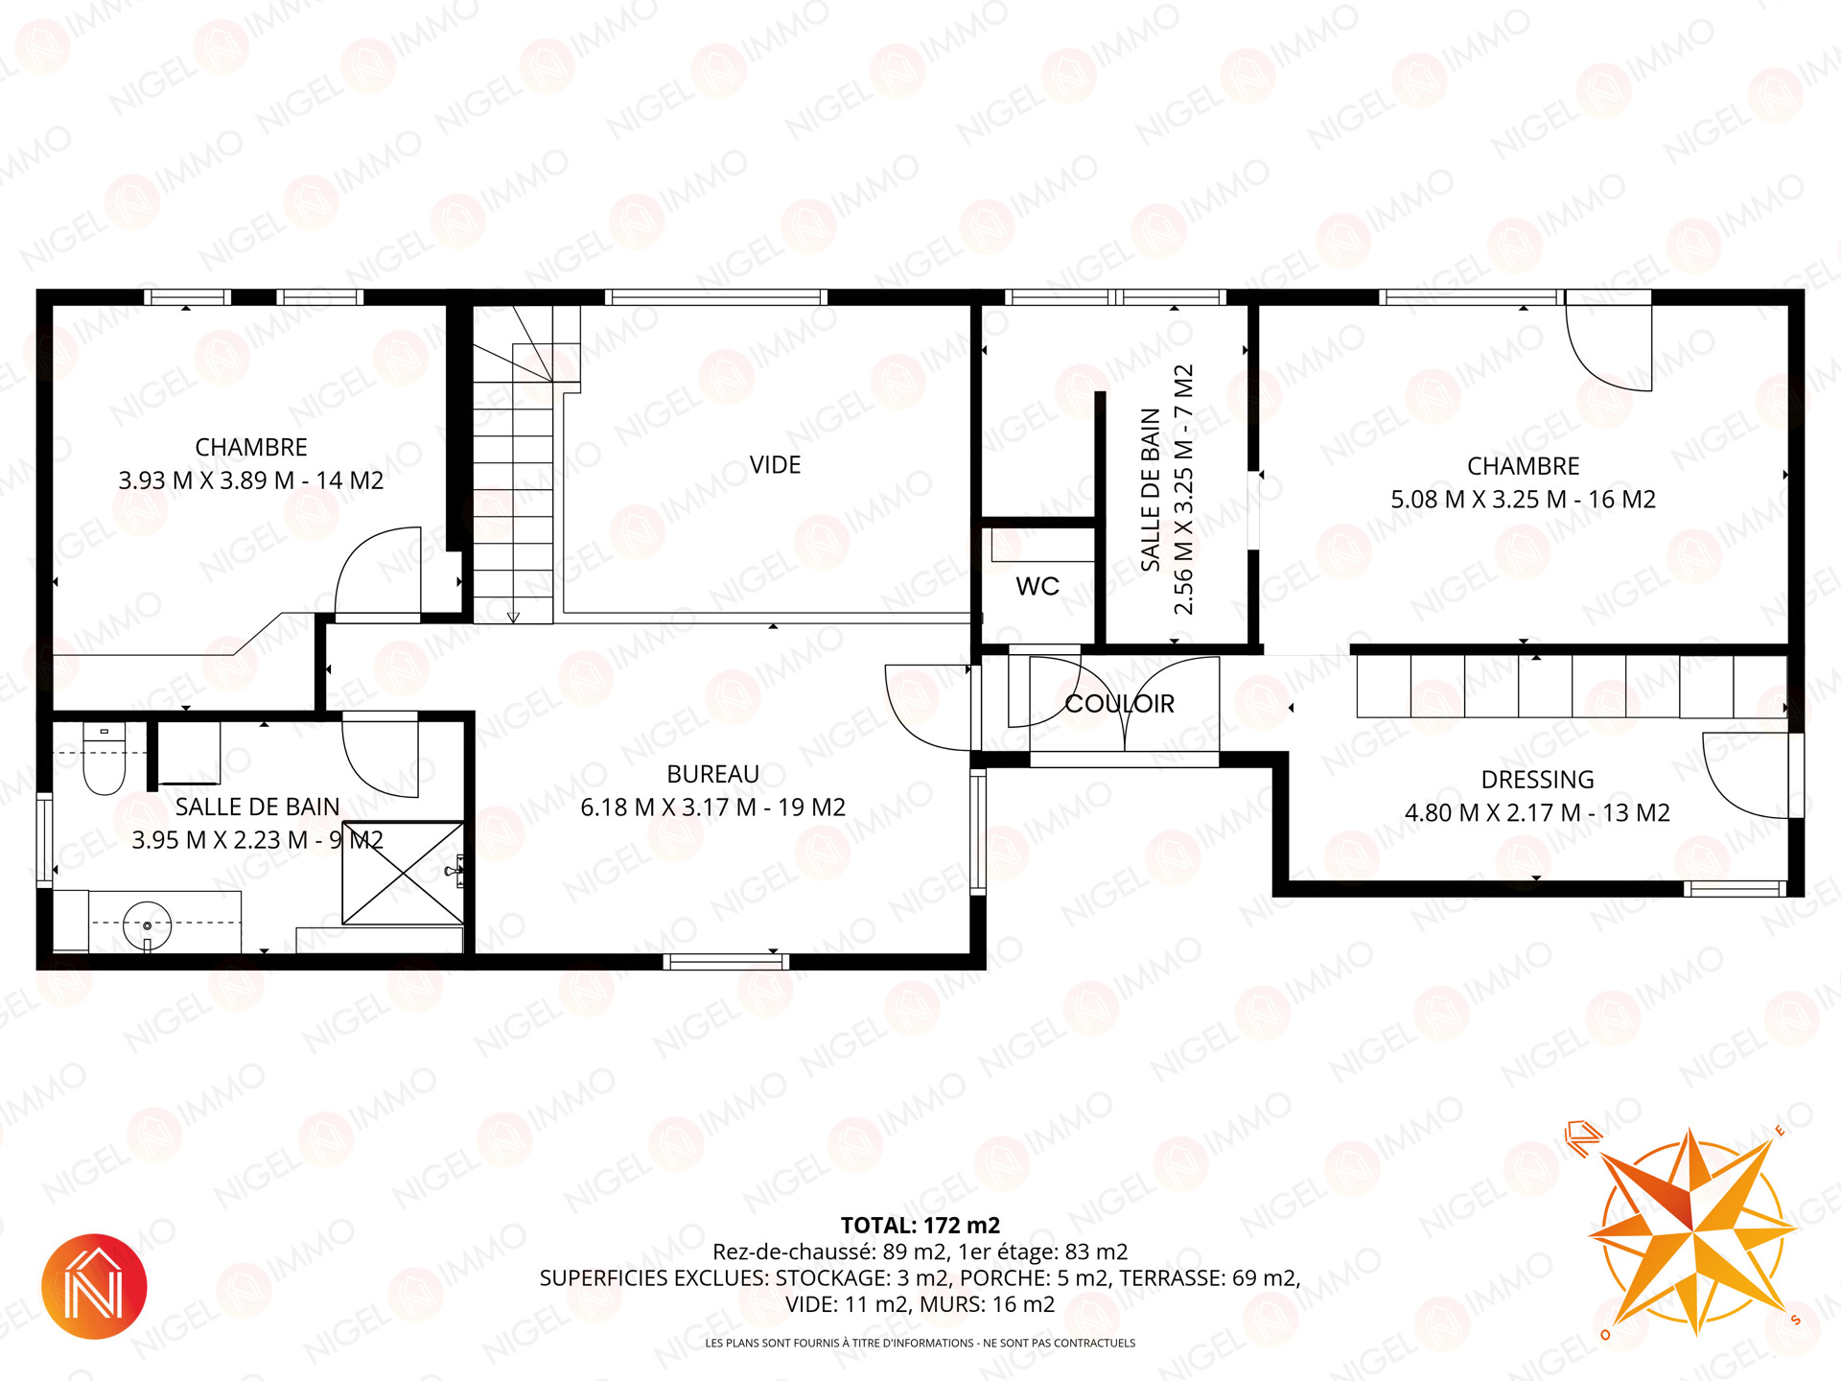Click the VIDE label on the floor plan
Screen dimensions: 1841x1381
pos(775,465)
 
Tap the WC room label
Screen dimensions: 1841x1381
pos(1037,586)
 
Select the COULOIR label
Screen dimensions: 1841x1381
pos(1120,704)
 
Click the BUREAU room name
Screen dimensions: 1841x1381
pos(712,774)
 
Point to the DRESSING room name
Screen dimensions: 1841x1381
pos(1537,780)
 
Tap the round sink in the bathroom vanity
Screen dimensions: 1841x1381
pos(148,925)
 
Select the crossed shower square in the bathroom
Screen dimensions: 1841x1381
pos(404,873)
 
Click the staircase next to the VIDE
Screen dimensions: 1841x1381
pos(526,464)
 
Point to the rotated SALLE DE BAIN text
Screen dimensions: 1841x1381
pos(1151,490)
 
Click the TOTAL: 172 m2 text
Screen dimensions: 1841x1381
pos(920,1226)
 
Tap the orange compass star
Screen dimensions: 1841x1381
pos(1692,1230)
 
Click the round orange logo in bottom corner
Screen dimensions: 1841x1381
pos(94,1286)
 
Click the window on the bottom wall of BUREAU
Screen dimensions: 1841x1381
pos(726,962)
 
